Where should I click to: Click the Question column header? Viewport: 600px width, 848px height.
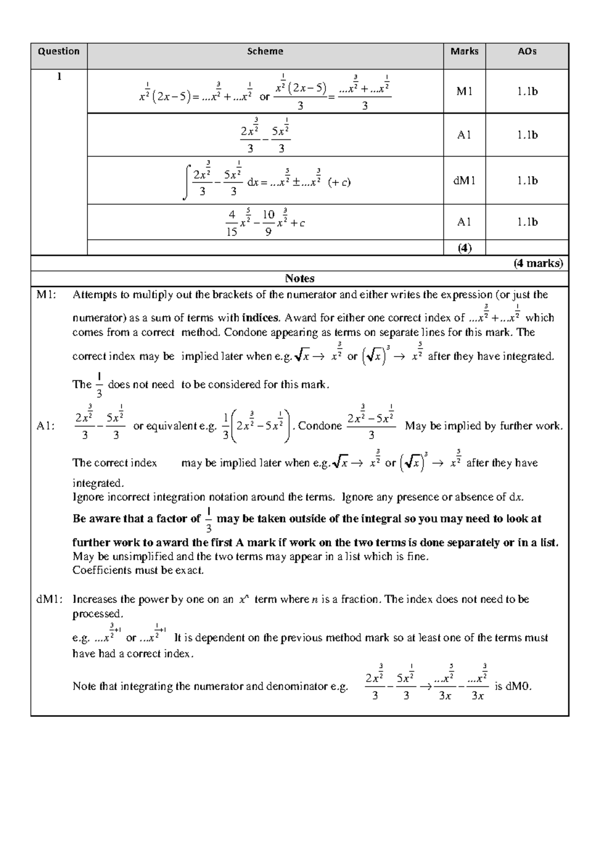click(59, 51)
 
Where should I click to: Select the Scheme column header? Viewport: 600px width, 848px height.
click(265, 51)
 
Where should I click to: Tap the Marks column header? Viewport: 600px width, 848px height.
click(464, 51)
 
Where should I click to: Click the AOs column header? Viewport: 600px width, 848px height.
click(527, 51)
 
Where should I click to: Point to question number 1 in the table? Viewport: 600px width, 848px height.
click(59, 77)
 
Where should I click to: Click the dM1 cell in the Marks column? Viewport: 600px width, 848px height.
click(464, 180)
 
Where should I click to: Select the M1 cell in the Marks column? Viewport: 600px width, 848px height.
click(464, 91)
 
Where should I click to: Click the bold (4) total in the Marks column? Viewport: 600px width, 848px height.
click(464, 248)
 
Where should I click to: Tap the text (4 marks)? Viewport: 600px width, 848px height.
click(538, 263)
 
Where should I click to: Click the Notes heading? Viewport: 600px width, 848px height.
click(299, 278)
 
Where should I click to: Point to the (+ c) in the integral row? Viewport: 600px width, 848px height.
click(339, 182)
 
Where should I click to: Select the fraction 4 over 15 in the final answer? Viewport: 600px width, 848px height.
click(231, 223)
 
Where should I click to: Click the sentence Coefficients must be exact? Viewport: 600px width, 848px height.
click(138, 570)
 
